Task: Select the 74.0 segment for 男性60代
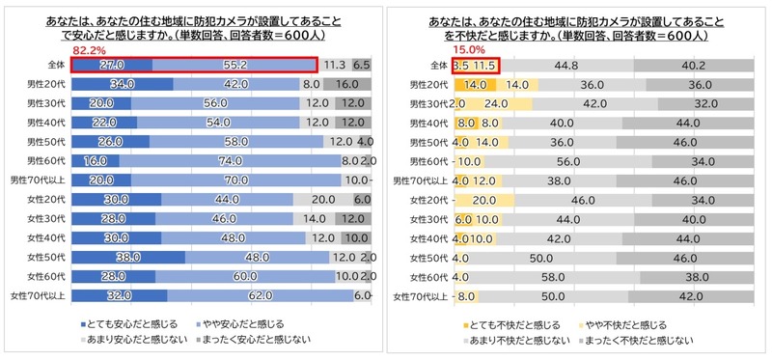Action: click(230, 160)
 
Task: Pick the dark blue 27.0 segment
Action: click(112, 66)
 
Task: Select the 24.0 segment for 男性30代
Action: click(496, 103)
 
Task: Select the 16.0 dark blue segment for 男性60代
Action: click(96, 160)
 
